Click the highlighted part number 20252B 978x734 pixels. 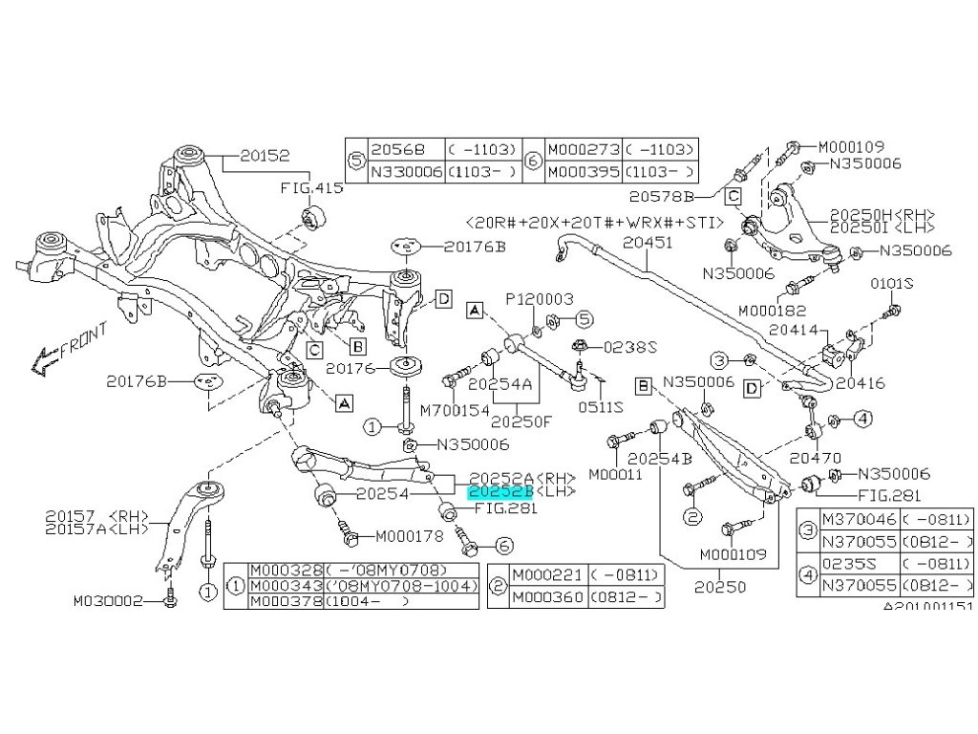click(x=498, y=491)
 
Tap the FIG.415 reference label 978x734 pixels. click(x=310, y=188)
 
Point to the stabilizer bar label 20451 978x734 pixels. click(x=648, y=244)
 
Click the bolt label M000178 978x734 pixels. click(x=401, y=536)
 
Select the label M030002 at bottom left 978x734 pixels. click(x=109, y=602)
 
